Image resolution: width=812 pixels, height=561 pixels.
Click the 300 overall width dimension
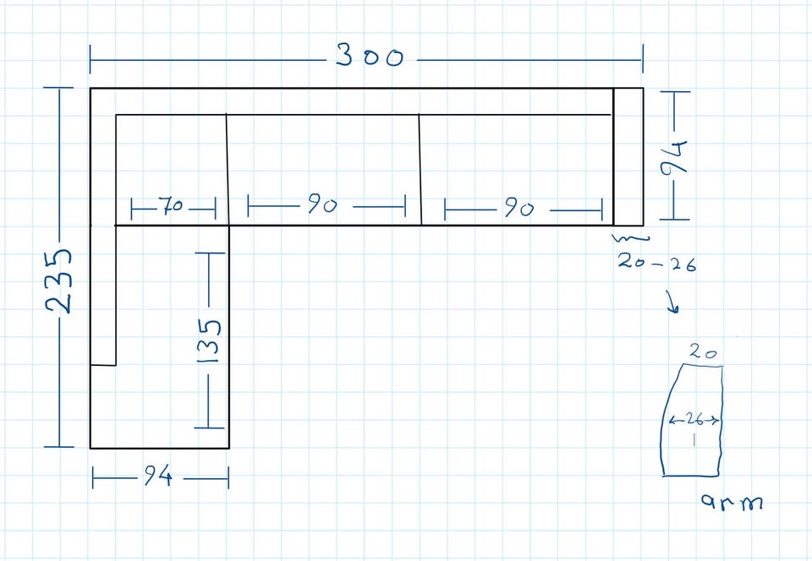369,56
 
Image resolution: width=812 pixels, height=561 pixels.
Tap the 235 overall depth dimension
58,281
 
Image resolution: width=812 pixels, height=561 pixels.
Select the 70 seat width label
170,205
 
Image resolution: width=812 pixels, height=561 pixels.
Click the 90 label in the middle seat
322,204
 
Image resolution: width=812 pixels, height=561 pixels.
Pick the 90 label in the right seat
518,208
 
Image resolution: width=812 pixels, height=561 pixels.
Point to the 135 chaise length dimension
210,340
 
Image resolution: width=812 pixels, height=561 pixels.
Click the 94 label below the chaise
157,476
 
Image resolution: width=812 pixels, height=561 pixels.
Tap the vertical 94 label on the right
674,156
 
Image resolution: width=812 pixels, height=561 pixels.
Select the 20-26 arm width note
656,263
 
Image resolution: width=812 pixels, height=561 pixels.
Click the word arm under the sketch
732,501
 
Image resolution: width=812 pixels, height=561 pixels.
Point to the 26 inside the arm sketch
694,419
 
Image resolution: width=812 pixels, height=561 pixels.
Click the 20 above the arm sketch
703,352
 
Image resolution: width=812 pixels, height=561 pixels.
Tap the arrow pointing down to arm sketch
672,302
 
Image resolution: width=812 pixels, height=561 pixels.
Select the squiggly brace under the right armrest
631,238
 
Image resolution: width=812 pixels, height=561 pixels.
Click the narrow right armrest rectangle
628,157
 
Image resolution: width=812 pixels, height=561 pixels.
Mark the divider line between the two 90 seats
420,170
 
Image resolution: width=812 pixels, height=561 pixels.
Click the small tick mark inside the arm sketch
694,439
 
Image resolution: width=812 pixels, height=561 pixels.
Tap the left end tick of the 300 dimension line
91,59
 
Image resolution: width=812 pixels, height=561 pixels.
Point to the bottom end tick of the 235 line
59,446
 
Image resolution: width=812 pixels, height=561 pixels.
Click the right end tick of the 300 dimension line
643,58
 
